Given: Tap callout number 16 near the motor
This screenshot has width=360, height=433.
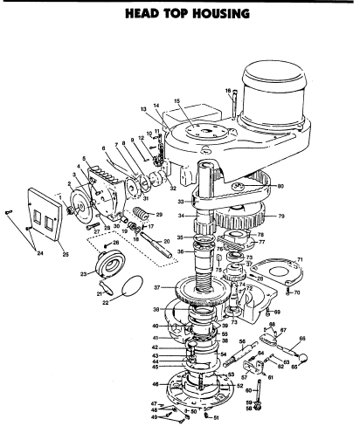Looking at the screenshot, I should (227, 90).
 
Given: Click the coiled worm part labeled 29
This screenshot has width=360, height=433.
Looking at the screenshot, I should (143, 214).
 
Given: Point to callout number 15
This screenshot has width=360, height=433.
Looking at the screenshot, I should (176, 101).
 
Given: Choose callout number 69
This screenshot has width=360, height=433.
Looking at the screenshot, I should (277, 312).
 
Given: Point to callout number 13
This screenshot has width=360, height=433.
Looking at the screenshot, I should (144, 109).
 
